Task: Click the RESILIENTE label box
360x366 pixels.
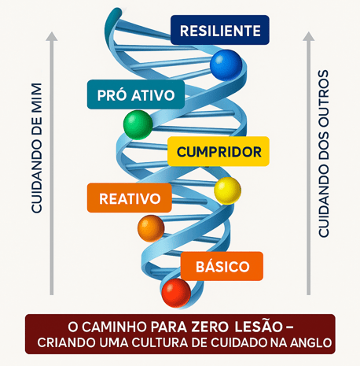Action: [220, 30]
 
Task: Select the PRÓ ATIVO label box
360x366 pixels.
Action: [136, 94]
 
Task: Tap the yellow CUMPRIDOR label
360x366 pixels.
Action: [219, 151]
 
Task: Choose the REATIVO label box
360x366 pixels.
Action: [130, 198]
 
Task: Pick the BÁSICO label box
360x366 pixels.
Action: [222, 266]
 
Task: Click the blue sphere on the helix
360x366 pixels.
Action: [226, 65]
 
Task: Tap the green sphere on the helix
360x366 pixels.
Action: [138, 125]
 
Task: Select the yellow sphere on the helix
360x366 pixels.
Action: [227, 190]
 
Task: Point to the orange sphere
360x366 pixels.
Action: [151, 228]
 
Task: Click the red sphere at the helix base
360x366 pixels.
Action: [176, 293]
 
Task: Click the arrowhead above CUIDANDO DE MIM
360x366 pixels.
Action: [52, 36]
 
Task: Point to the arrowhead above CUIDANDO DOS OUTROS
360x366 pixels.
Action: [309, 36]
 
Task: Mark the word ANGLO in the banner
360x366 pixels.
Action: [310, 342]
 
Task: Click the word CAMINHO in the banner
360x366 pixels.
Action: [114, 327]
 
